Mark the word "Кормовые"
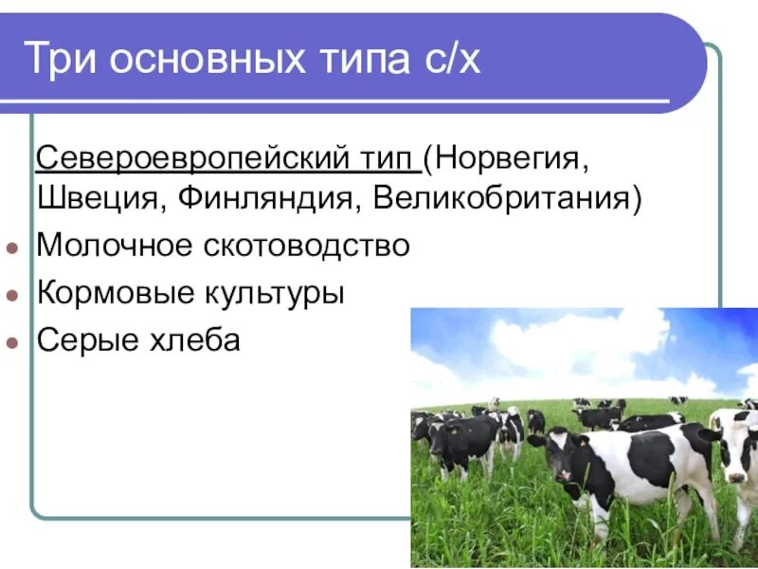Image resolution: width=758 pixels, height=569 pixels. click(111, 292)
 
